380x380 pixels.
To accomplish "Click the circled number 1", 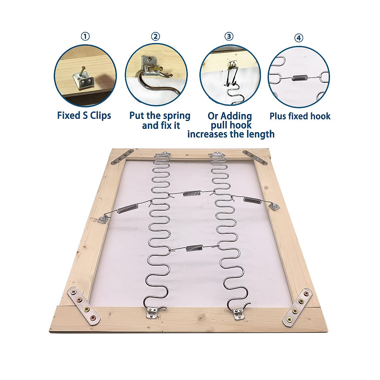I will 85,36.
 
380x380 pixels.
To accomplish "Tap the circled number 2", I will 155,36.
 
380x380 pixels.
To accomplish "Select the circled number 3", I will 229,36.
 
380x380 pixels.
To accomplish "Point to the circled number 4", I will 299,38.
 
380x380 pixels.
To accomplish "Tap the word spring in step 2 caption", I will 177,116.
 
